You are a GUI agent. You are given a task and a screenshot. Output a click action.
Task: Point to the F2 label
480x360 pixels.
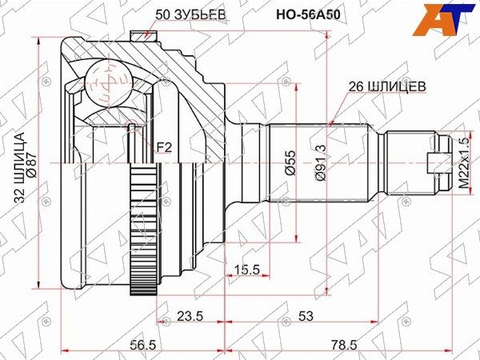(164, 146)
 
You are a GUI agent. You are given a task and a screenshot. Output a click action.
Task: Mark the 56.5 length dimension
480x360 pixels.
(142, 344)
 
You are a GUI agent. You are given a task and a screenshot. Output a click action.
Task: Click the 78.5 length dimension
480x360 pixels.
(343, 344)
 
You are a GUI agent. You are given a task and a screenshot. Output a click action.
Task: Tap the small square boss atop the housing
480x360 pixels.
(142, 34)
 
